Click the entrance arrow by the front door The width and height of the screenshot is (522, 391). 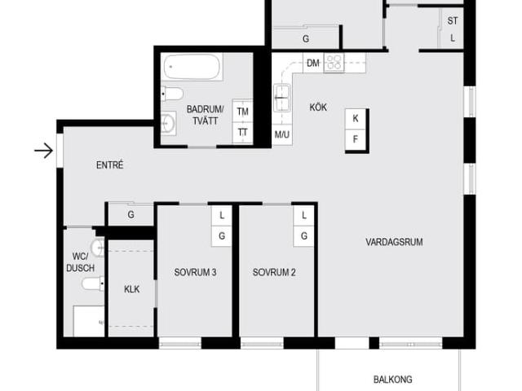point(43,151)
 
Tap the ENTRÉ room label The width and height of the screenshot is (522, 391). point(110,165)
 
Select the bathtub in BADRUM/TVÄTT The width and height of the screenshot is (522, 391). point(192,67)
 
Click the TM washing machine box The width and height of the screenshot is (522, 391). point(243,112)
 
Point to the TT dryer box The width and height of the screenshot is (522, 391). point(243,133)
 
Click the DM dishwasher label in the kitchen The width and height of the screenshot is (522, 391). point(312,63)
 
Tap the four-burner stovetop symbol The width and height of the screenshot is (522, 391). point(334,63)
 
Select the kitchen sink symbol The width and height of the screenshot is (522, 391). point(282,98)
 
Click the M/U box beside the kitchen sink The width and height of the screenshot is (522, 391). point(282,134)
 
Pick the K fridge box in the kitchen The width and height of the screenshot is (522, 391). point(356,118)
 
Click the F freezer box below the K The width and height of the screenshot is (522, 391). point(356,139)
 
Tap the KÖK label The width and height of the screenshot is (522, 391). point(318,108)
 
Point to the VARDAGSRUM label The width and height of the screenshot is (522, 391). point(394,242)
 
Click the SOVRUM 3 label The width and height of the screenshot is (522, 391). point(195,272)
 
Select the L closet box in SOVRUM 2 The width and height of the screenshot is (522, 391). point(303,215)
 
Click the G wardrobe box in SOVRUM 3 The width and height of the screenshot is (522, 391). point(222,235)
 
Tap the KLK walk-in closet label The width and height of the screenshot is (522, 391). point(132,289)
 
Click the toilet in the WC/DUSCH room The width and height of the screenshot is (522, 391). point(93,283)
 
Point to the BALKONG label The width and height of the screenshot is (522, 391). point(393,380)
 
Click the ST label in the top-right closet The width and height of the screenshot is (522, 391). point(453,21)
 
